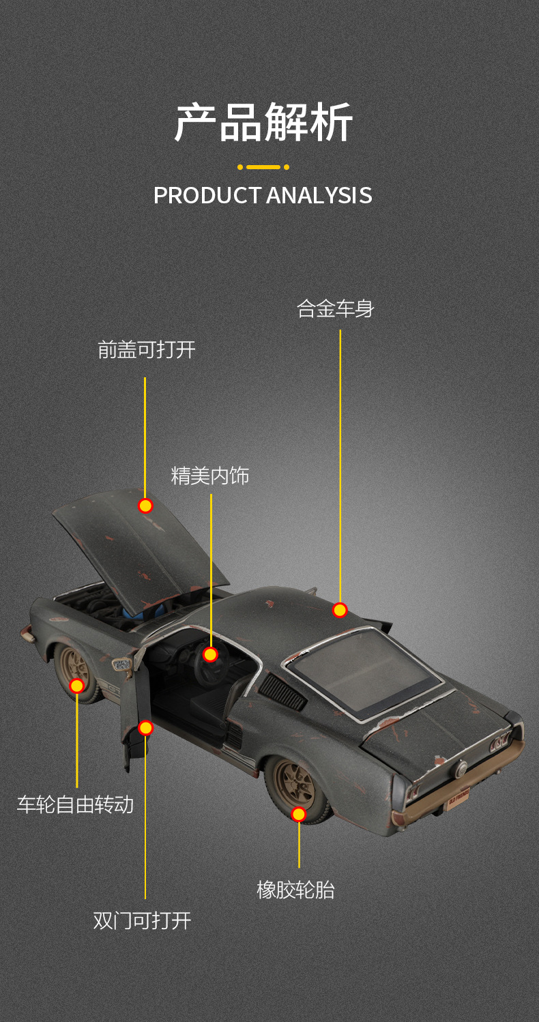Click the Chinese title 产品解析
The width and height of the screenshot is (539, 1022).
pyautogui.click(x=263, y=123)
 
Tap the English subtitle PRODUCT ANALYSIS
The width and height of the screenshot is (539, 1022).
pyautogui.click(x=263, y=195)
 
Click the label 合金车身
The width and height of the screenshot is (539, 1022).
pyautogui.click(x=336, y=309)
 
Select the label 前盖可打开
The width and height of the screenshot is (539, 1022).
pyautogui.click(x=147, y=350)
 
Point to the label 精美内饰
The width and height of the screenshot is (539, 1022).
pyautogui.click(x=210, y=476)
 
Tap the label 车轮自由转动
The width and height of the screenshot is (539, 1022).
pyautogui.click(x=75, y=804)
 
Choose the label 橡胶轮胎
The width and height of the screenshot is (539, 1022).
pyautogui.click(x=295, y=890)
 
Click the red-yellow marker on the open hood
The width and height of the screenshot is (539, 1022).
pyautogui.click(x=145, y=506)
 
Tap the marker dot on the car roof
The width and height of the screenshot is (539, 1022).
pyautogui.click(x=340, y=610)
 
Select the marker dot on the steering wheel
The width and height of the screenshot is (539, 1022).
pyautogui.click(x=210, y=655)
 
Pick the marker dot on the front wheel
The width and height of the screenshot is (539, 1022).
pyautogui.click(x=77, y=686)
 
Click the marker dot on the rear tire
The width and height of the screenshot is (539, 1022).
pyautogui.click(x=298, y=814)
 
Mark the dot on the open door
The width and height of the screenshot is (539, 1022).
pyautogui.click(x=145, y=728)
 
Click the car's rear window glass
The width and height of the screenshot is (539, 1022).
pyautogui.click(x=362, y=672)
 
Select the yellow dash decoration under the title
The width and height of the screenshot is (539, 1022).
pyautogui.click(x=263, y=166)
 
